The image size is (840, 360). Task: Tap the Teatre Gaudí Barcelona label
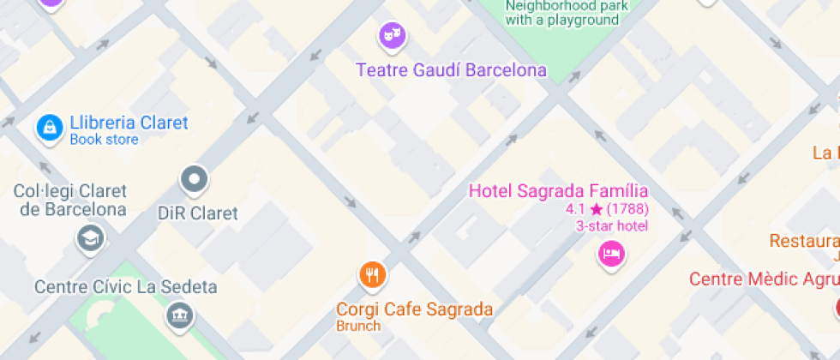pos(452,70)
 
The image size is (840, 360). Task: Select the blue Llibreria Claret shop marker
pos(50,129)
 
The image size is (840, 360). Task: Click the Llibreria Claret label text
pos(129,123)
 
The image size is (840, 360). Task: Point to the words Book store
pos(104,140)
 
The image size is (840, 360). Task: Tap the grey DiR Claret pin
pos(195,180)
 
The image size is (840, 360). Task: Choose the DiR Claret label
pos(198,213)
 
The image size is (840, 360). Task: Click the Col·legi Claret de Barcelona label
pos(70,200)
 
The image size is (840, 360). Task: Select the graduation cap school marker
pos(89,237)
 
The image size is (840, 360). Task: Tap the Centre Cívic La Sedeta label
pos(125,286)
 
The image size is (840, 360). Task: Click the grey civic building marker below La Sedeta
pos(180,316)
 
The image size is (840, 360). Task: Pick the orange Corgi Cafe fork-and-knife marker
pos(371,275)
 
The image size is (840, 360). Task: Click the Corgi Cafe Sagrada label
pos(414,309)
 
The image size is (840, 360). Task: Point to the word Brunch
pos(358,326)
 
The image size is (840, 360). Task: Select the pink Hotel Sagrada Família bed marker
pos(611,253)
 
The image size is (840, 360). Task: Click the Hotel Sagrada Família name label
pos(558,190)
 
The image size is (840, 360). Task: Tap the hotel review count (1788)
pos(627,208)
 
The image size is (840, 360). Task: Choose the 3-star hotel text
pos(612,225)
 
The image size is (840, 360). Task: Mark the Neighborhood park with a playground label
pos(567,13)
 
